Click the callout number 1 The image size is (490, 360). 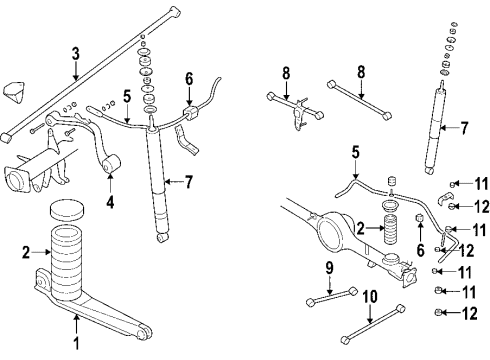tap(76, 342)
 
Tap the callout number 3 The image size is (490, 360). tap(76, 54)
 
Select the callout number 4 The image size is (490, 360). tap(110, 202)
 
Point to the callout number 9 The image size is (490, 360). tap(329, 268)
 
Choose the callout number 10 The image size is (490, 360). tap(370, 297)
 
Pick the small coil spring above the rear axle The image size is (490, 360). tap(391, 230)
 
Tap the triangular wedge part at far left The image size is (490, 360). tap(15, 92)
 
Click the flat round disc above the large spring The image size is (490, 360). tap(66, 210)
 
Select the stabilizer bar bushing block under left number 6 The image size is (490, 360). tap(190, 113)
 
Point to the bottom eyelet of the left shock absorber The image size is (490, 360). tap(162, 238)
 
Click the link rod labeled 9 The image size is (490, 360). tap(332, 296)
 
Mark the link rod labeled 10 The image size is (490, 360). tap(373, 323)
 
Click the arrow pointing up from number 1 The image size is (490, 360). tap(77, 324)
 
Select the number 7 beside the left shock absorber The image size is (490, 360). tap(189, 182)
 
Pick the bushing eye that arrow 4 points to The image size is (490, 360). tap(111, 164)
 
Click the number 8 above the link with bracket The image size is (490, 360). tap(286, 74)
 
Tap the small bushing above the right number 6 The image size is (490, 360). tap(420, 218)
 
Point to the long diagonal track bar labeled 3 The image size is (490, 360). tap(91, 74)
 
